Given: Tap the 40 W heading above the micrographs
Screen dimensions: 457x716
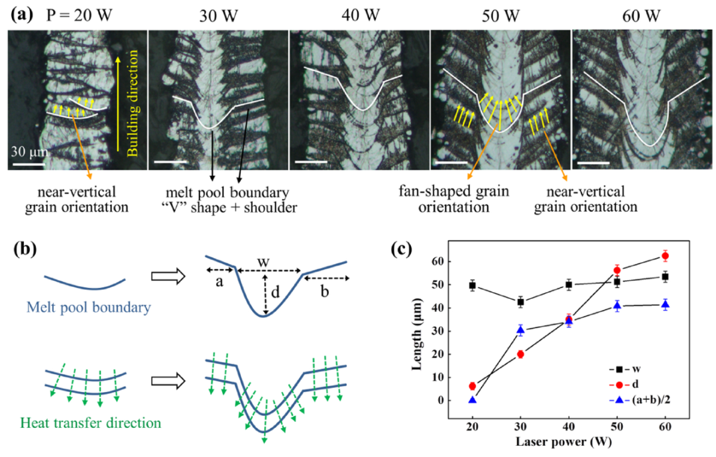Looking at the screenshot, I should (x=359, y=14).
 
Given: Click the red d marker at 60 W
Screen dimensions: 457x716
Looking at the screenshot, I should (x=666, y=256).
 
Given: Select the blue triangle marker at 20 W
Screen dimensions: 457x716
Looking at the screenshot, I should (x=473, y=400).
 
